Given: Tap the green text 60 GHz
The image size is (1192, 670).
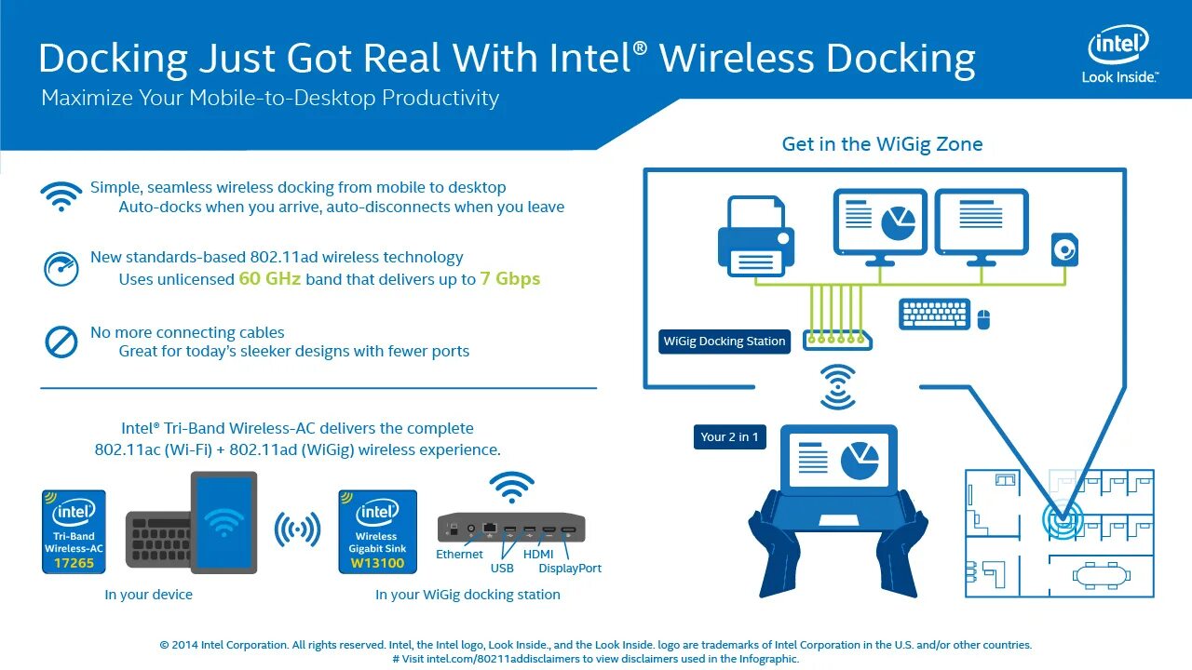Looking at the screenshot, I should click(270, 278).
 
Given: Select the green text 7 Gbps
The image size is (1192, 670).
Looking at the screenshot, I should click(509, 278).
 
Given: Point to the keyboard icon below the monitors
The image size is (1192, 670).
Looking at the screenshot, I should click(935, 315).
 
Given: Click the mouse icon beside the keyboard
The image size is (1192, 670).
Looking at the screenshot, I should click(982, 319).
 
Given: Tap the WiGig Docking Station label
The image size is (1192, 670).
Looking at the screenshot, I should click(725, 342).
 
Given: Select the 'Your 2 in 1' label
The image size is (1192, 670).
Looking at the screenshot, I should click(729, 436).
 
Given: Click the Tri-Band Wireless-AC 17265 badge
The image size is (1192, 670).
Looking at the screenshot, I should click(74, 531).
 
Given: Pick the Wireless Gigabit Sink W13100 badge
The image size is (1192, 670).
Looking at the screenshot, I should click(377, 531).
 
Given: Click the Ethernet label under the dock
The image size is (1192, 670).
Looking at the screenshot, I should click(459, 555).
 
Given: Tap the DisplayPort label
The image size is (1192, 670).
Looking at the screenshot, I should click(570, 569).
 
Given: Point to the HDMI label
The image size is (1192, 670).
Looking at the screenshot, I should click(538, 555).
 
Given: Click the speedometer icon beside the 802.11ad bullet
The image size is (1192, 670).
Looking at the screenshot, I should click(61, 269).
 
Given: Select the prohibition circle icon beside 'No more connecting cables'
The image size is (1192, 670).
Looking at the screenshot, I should click(61, 342).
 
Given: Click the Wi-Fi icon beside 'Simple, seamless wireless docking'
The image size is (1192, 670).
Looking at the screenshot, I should click(61, 196).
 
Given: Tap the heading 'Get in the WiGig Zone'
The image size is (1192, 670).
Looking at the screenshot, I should click(882, 144).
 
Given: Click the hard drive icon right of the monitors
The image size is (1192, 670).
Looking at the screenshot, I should click(1064, 249).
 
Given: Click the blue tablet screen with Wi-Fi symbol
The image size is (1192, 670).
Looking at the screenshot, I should click(223, 522).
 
